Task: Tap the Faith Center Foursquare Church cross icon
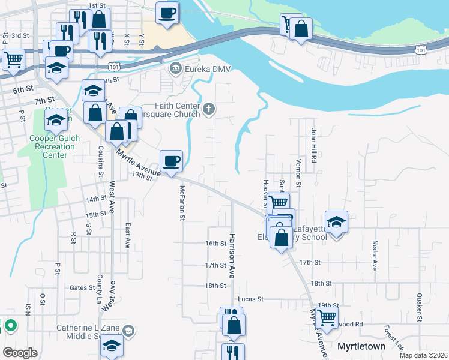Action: pyautogui.click(x=208, y=109)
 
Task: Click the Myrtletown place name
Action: pyautogui.click(x=361, y=346)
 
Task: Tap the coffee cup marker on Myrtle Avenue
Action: pyautogui.click(x=171, y=160)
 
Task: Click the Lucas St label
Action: pyautogui.click(x=251, y=299)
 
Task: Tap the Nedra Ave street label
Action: pyautogui.click(x=374, y=256)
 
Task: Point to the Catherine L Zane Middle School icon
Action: pyautogui.click(x=128, y=331)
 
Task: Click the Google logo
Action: pyautogui.click(x=20, y=353)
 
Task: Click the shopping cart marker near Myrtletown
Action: pyautogui.click(x=327, y=317)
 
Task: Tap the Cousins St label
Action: pyautogui.click(x=100, y=161)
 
